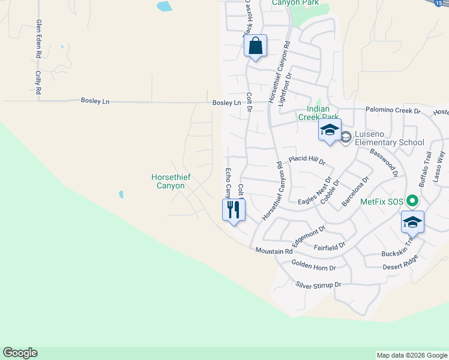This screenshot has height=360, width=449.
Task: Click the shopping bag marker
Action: tap(255, 46)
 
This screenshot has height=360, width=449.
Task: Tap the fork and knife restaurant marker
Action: tap(234, 210)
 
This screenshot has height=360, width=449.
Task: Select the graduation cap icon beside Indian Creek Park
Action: tap(330, 130)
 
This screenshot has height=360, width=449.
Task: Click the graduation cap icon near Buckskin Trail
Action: tap(412, 222)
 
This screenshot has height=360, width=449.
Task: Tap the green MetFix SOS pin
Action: tap(412, 202)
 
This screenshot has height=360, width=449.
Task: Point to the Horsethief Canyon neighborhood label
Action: tap(168, 181)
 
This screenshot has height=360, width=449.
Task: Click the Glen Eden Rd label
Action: tap(38, 38)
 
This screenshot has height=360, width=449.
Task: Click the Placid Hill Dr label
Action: tap(307, 160)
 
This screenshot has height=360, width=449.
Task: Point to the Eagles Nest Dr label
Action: tap(315, 191)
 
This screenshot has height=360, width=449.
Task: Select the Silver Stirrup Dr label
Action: tap(318, 284)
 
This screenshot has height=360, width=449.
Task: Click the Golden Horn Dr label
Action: tap(313, 265)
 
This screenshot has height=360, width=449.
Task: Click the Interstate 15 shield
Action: tap(438, 2)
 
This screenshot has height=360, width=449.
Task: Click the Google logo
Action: tap(20, 353)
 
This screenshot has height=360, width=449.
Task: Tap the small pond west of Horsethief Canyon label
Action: tap(121, 194)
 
